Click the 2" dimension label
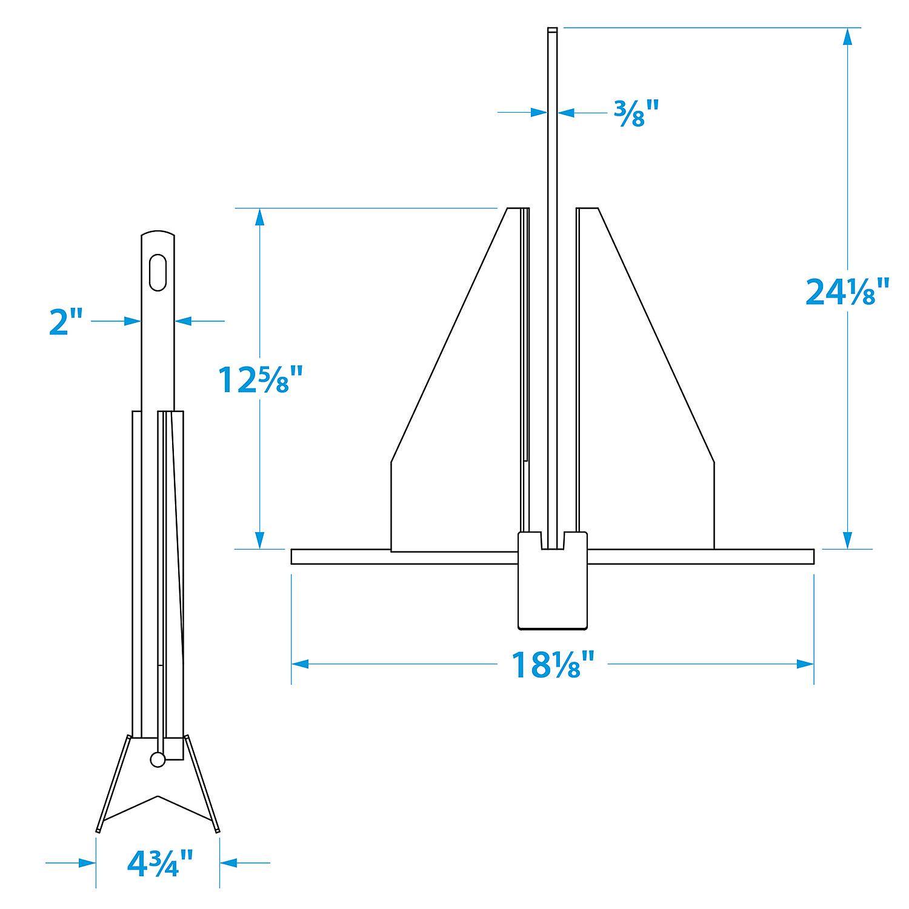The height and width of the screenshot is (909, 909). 66,321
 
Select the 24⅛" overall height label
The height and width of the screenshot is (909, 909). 847,292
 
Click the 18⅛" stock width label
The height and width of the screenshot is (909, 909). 552,665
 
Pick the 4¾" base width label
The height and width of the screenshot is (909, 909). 160,862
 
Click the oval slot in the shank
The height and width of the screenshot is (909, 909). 158,273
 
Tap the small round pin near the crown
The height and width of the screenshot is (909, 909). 158,759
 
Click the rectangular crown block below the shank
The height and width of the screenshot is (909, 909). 552,588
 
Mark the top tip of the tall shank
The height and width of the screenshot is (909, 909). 552,30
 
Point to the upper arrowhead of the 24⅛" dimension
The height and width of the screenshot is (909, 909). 847,36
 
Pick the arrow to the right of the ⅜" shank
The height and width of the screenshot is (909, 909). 566,112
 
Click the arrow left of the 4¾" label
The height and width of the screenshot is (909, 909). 87,862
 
